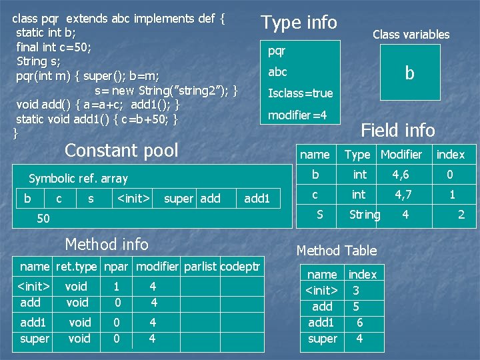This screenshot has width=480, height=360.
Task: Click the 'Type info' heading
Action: point(299,23)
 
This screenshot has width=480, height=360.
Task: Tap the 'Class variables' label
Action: point(411,34)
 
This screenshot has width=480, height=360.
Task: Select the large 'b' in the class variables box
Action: point(409,73)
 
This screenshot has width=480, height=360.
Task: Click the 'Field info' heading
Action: point(397,130)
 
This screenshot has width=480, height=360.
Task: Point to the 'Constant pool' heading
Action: point(121,150)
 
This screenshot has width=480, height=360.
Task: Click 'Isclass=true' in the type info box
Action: point(300,93)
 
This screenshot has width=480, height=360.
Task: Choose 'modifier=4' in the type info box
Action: point(297,115)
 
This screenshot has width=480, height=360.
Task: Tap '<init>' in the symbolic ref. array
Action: point(133,198)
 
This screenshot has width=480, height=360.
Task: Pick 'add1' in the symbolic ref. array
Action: point(257,198)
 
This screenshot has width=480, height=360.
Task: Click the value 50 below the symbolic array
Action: point(43,219)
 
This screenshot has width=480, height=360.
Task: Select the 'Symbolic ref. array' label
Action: point(78,178)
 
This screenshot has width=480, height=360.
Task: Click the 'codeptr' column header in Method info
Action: point(240,267)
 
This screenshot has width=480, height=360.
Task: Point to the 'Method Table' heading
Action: point(337,251)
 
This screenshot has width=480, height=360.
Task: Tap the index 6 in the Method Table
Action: point(359,322)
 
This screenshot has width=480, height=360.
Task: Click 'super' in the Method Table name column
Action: point(323,338)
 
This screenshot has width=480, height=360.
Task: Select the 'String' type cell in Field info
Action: point(365,215)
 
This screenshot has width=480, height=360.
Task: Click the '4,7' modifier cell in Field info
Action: point(403,195)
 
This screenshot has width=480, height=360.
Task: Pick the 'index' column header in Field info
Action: point(451,155)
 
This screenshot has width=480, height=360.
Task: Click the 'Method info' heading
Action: point(107,245)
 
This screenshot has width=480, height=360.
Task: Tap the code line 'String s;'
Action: point(38,61)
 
